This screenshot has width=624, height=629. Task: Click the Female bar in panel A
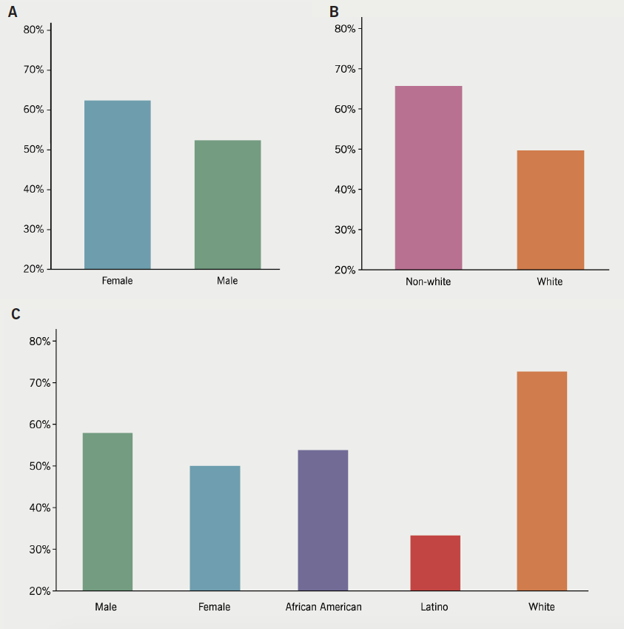point(117,184)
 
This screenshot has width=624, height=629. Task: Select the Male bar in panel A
point(227,204)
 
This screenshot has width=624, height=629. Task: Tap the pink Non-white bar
point(428,178)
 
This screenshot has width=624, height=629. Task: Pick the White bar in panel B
point(550,210)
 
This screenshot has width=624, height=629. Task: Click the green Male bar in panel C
point(107,512)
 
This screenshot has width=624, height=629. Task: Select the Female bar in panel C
point(215,528)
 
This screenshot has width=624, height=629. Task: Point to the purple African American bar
point(323,520)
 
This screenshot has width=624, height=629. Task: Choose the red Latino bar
point(435,563)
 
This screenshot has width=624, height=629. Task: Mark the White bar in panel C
point(542,482)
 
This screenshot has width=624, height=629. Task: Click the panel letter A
point(13,13)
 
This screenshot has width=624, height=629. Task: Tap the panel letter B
point(334,12)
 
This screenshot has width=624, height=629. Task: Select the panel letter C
point(16,314)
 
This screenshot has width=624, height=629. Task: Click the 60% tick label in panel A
point(34,110)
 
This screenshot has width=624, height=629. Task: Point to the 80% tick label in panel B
point(346,29)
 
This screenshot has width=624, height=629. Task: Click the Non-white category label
point(428,282)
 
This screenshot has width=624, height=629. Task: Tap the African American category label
point(323,607)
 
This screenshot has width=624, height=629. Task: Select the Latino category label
point(434,607)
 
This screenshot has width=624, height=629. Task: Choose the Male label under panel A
point(227,281)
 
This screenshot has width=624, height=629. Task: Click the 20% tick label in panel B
point(346,270)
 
